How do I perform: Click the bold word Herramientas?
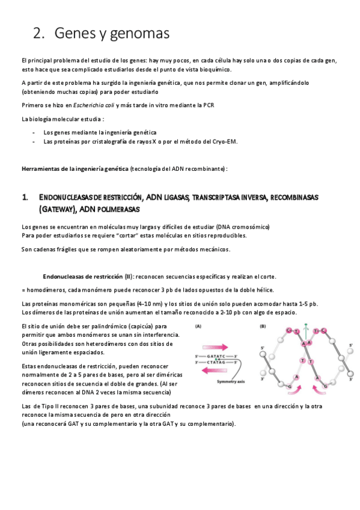pos(40,169)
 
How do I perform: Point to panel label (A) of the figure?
pos(198,327)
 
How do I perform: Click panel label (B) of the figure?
pos(263,327)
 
